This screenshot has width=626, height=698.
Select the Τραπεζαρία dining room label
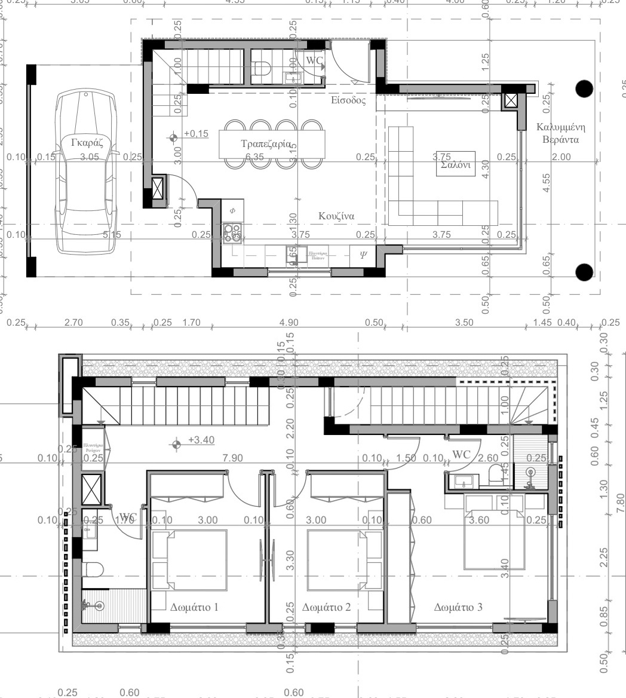pos(266,144)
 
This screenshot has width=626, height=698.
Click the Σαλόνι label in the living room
pos(456,166)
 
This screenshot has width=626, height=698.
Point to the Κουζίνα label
pos(337,216)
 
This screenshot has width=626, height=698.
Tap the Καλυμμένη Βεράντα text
pos(560,133)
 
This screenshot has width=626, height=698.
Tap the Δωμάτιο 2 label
pos(326,608)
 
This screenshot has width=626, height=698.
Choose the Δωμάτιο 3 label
pos(458,608)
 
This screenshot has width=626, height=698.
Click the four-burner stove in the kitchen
pos(232,232)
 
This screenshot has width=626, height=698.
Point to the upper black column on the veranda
pos(584,89)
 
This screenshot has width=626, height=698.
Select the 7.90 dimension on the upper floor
pos(232,458)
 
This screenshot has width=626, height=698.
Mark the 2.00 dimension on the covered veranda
pos(561,157)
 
